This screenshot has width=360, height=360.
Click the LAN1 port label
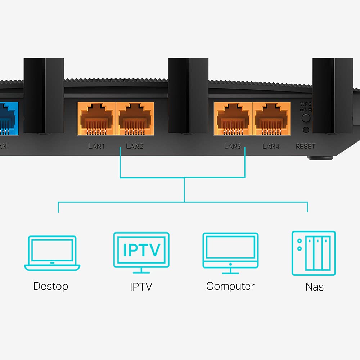pos(96,146)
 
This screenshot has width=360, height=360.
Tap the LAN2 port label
pos(135,146)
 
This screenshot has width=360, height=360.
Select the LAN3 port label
pos(233,146)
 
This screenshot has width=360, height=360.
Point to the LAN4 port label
pos(271,146)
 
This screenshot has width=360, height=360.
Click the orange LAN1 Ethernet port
pos(96,118)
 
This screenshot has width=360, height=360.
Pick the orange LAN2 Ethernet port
pos(135,118)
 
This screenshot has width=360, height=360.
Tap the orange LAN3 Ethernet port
pos(233,118)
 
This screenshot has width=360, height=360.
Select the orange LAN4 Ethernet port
pos(271,118)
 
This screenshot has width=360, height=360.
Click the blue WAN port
pos(8,119)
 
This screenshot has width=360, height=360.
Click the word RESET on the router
pos(305,146)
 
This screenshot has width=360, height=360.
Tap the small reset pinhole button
pos(306,130)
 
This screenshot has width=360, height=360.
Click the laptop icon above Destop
pos(52,253)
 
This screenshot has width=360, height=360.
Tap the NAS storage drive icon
pos(313,253)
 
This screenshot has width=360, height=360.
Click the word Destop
pos(50,286)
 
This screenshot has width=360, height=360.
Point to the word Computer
pos(230,286)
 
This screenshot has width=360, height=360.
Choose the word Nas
pos(314,287)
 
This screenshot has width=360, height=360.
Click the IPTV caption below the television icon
pos(141,287)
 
